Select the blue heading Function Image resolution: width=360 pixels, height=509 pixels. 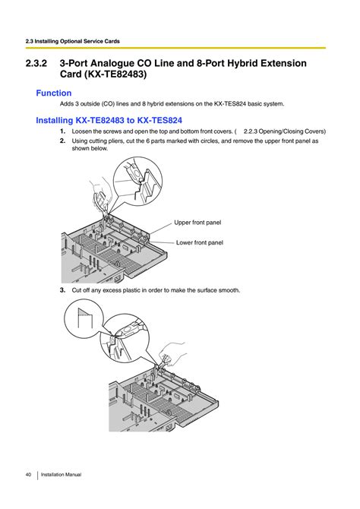(54, 93)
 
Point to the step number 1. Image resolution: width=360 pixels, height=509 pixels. (62, 131)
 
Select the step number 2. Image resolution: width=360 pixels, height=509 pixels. (62, 141)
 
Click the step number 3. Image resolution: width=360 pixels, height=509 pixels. (62, 290)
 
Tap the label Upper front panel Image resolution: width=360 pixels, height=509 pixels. (197, 223)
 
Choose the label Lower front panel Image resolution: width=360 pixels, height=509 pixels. (200, 242)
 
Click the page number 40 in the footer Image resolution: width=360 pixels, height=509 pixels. (27, 475)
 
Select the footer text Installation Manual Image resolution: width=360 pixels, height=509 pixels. (61, 475)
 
